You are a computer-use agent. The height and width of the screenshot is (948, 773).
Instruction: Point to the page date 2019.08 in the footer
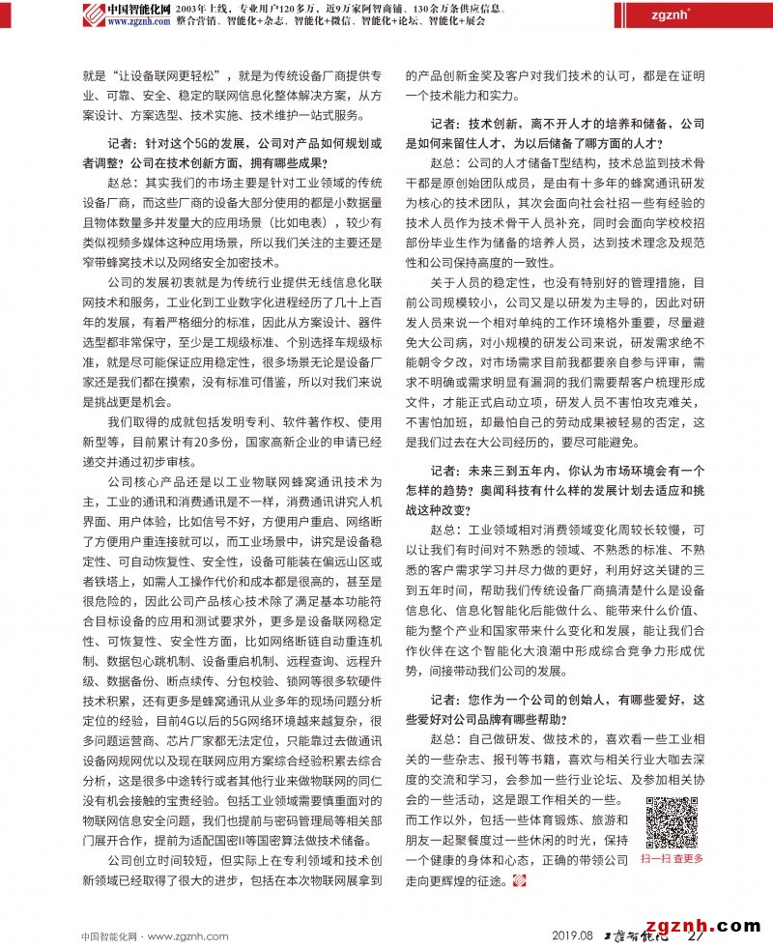pyautogui.click(x=572, y=934)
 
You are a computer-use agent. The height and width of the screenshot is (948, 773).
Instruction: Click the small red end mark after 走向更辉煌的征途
pyautogui.click(x=519, y=880)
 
